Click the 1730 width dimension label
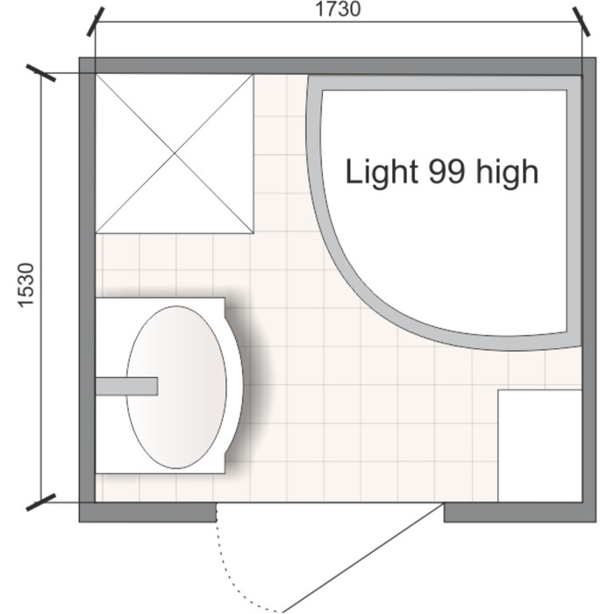[x=338, y=10]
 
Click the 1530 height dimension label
[x=26, y=285]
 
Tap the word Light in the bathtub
[x=382, y=172]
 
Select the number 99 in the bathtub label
[x=447, y=171]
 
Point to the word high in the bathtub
[x=507, y=172]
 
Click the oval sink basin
[x=176, y=387]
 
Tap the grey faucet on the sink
[x=127, y=386]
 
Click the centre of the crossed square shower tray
[x=175, y=153]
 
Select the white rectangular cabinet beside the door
[x=540, y=446]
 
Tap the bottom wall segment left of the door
[x=147, y=512]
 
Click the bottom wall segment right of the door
[x=520, y=512]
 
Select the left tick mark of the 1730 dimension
[x=96, y=22]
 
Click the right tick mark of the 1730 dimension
[x=582, y=22]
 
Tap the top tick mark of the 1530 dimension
[x=40, y=73]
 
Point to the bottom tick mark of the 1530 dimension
[x=40, y=503]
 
